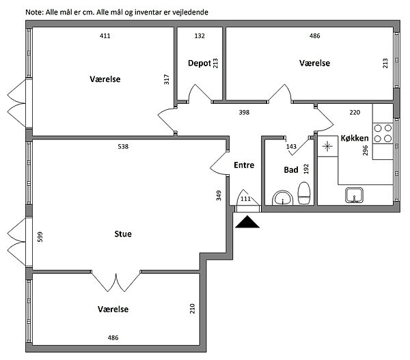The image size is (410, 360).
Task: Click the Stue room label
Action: click(x=123, y=234)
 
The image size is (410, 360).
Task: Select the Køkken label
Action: click(x=355, y=138)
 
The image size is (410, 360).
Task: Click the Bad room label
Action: click(x=290, y=169)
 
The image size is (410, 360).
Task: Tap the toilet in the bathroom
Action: click(x=305, y=193)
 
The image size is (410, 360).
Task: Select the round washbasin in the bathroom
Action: click(x=282, y=199)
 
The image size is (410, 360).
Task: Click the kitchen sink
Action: click(x=354, y=195)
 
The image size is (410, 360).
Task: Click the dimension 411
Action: click(x=105, y=36)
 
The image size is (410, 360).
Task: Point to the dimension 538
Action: click(x=123, y=146)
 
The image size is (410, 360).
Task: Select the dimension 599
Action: click(x=40, y=236)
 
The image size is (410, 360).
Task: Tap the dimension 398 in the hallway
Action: click(x=244, y=111)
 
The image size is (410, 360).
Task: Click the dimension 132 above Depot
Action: click(x=200, y=36)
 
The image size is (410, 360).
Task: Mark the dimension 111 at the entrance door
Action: click(x=246, y=199)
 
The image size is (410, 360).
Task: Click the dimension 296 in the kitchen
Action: click(x=366, y=151)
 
